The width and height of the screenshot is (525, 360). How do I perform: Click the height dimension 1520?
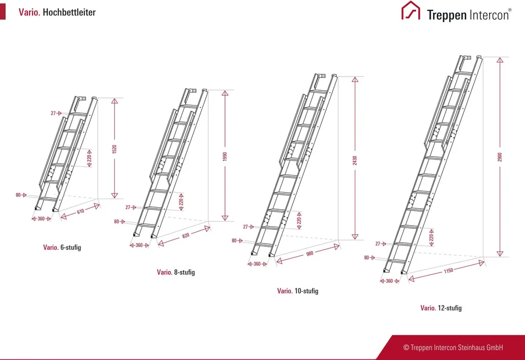click(x=114, y=149)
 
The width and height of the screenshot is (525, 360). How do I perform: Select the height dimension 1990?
click(x=225, y=156)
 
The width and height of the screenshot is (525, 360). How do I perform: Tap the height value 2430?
click(x=354, y=160)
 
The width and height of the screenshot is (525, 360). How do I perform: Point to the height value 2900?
click(x=500, y=156)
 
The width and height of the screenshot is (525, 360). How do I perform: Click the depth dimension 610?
click(x=80, y=212)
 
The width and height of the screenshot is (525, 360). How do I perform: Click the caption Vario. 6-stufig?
click(x=62, y=247)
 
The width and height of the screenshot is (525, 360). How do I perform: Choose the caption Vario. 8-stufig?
click(x=176, y=272)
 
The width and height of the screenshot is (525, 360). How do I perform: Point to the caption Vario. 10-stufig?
click(x=298, y=291)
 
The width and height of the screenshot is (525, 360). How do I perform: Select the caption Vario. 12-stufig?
click(x=441, y=308)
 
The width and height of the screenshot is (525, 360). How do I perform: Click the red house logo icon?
click(x=410, y=11)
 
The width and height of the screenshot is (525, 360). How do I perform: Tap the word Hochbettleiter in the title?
click(x=69, y=12)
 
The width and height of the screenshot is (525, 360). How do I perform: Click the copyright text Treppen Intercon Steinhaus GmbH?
click(x=453, y=348)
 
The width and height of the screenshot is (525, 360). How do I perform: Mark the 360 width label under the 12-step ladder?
click(x=390, y=281)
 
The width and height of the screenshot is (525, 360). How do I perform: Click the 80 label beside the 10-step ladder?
click(x=234, y=241)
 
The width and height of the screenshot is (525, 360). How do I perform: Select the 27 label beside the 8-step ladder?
click(x=128, y=207)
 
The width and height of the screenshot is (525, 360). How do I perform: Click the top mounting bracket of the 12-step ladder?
click(x=467, y=57)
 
